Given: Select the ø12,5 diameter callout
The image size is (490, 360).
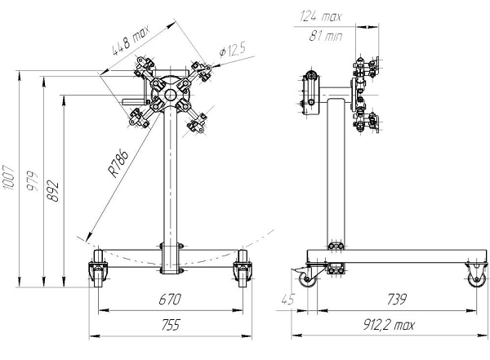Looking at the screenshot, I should (232, 51).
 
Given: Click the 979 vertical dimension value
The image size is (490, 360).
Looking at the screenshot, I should (32, 189).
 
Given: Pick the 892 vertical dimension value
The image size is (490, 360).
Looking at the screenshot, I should (54, 193).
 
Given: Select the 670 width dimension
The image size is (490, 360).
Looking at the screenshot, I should (171, 300).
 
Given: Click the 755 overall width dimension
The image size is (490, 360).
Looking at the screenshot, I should (169, 325).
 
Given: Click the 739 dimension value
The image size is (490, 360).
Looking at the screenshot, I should (394, 300).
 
